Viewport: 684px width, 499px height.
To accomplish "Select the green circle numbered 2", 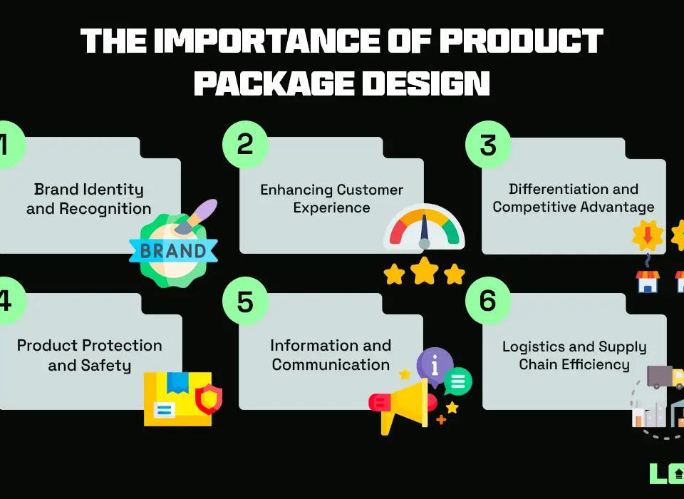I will [245, 144].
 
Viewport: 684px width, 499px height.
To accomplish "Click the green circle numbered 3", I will [488, 144].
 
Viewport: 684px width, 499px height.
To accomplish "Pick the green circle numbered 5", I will [245, 301].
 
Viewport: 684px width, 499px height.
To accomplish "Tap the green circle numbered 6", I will [488, 301].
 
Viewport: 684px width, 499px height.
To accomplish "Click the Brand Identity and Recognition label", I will [89, 199].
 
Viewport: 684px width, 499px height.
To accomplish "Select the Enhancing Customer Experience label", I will [331, 199].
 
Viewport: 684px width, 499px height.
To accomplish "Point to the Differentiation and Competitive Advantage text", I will [574, 198].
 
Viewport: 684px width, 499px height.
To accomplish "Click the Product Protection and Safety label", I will [90, 355].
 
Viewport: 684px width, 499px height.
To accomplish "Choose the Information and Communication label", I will [331, 355].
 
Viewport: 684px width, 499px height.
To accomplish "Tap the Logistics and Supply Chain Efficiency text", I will [574, 355].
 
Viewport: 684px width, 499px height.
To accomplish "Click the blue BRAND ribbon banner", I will [173, 251].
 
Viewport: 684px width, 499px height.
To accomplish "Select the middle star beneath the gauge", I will [424, 270].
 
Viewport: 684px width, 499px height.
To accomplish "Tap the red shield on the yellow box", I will [209, 400].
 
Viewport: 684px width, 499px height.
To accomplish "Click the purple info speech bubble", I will [435, 364].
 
